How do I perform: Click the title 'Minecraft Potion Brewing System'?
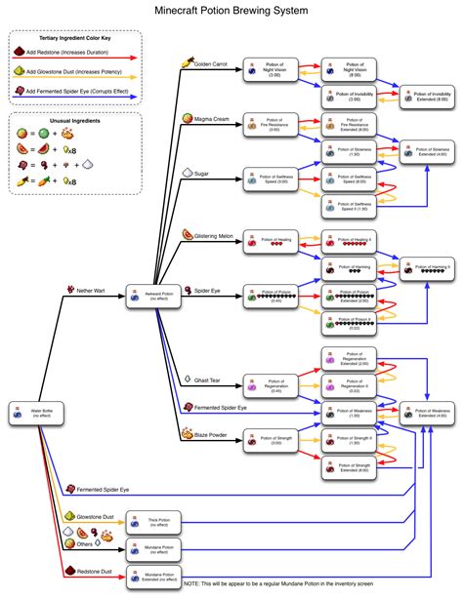click(x=231, y=11)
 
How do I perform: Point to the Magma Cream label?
click(x=209, y=118)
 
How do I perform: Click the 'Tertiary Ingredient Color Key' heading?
click(x=74, y=38)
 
